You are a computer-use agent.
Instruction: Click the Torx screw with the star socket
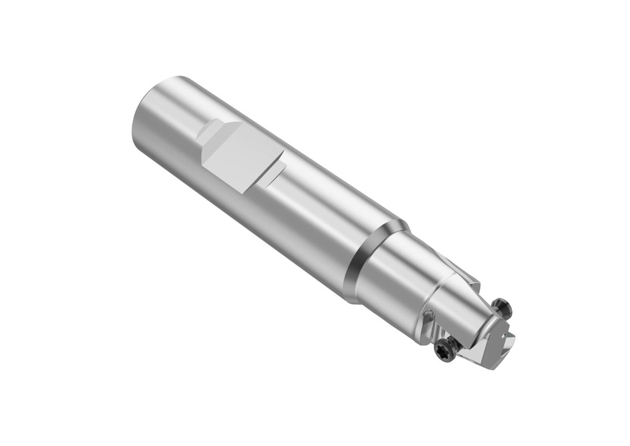pyautogui.click(x=443, y=349)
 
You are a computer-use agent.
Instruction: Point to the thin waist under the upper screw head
pyautogui.click(x=497, y=311)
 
